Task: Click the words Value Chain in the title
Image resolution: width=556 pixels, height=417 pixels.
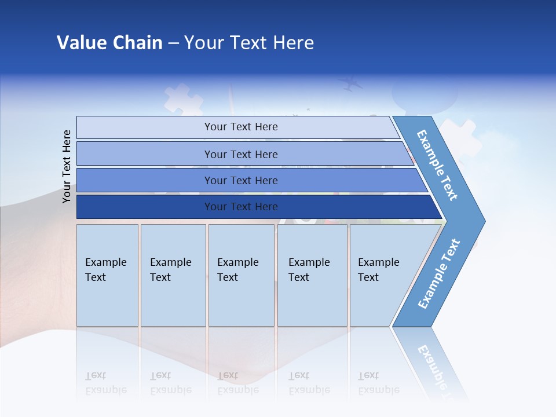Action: [x=109, y=43]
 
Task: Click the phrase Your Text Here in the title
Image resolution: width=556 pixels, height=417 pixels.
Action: [x=249, y=43]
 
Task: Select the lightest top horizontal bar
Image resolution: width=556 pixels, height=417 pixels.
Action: [x=240, y=127]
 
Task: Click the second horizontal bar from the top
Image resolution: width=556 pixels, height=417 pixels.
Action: [x=240, y=154]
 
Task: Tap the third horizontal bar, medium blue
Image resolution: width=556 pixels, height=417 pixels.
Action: [x=240, y=180]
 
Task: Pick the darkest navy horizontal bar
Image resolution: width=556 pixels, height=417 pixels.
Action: [x=240, y=207]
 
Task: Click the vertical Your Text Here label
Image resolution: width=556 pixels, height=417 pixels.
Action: [x=67, y=166]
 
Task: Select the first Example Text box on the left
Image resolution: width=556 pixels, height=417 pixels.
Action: [x=107, y=275]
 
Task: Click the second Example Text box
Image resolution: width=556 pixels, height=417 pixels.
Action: [x=173, y=275]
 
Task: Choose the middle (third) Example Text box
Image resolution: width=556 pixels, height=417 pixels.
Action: [x=241, y=275]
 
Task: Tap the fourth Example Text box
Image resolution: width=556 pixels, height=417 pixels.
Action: [x=313, y=275]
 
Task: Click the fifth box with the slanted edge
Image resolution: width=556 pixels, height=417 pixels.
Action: [x=382, y=275]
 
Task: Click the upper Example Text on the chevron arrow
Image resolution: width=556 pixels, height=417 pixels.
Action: [x=438, y=165]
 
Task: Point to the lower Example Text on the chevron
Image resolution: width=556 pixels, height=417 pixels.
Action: [x=439, y=273]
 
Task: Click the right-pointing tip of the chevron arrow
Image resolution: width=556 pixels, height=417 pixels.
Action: [x=481, y=221]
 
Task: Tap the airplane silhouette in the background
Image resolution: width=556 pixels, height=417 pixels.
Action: [x=352, y=85]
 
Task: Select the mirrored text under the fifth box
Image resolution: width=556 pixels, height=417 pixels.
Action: [x=378, y=383]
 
